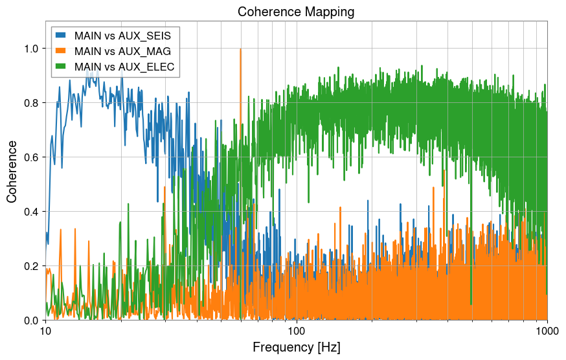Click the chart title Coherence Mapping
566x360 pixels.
pyautogui.click(x=296, y=12)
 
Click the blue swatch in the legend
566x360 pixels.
pyautogui.click(x=62, y=34)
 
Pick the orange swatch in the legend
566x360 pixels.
pyautogui.click(x=62, y=50)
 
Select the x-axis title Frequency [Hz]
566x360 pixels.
pyautogui.click(x=296, y=347)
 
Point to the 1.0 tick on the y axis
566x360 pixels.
pyautogui.click(x=30, y=49)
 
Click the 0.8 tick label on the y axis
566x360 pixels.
pyautogui.click(x=30, y=103)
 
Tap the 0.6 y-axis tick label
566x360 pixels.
pyautogui.click(x=30, y=157)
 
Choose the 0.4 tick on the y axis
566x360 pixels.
pyautogui.click(x=30, y=212)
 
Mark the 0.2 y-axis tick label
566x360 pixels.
pyautogui.click(x=30, y=266)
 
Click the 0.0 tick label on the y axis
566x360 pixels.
pyautogui.click(x=30, y=321)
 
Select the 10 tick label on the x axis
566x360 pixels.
pyautogui.click(x=45, y=332)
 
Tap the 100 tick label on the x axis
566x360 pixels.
pyautogui.click(x=297, y=332)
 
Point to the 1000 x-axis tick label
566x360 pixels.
pyautogui.click(x=547, y=332)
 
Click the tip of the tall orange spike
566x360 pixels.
pyautogui.click(x=240, y=49)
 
